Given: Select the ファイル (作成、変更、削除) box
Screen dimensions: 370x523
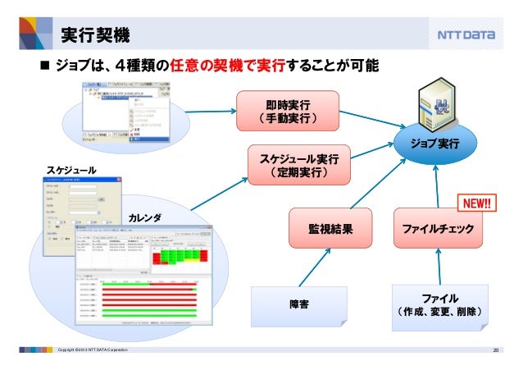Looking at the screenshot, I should point(439,304).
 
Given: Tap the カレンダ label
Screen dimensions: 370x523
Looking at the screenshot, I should point(145,217).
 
